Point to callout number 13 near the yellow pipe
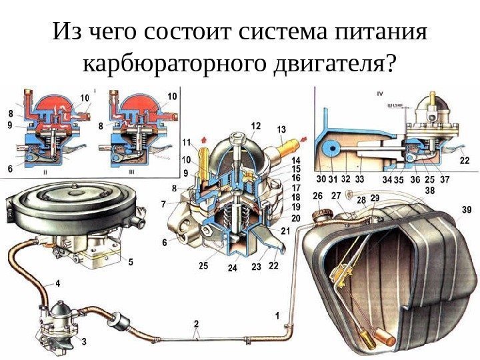[x=281, y=129]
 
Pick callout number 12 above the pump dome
[x=256, y=125]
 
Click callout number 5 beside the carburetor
[x=131, y=262]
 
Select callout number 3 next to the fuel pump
[x=84, y=341]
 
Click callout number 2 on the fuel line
[x=196, y=324]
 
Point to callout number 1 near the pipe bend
[x=277, y=314]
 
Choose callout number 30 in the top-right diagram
[x=322, y=178]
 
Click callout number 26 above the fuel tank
[x=317, y=195]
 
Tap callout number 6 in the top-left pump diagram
[x=11, y=169]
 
